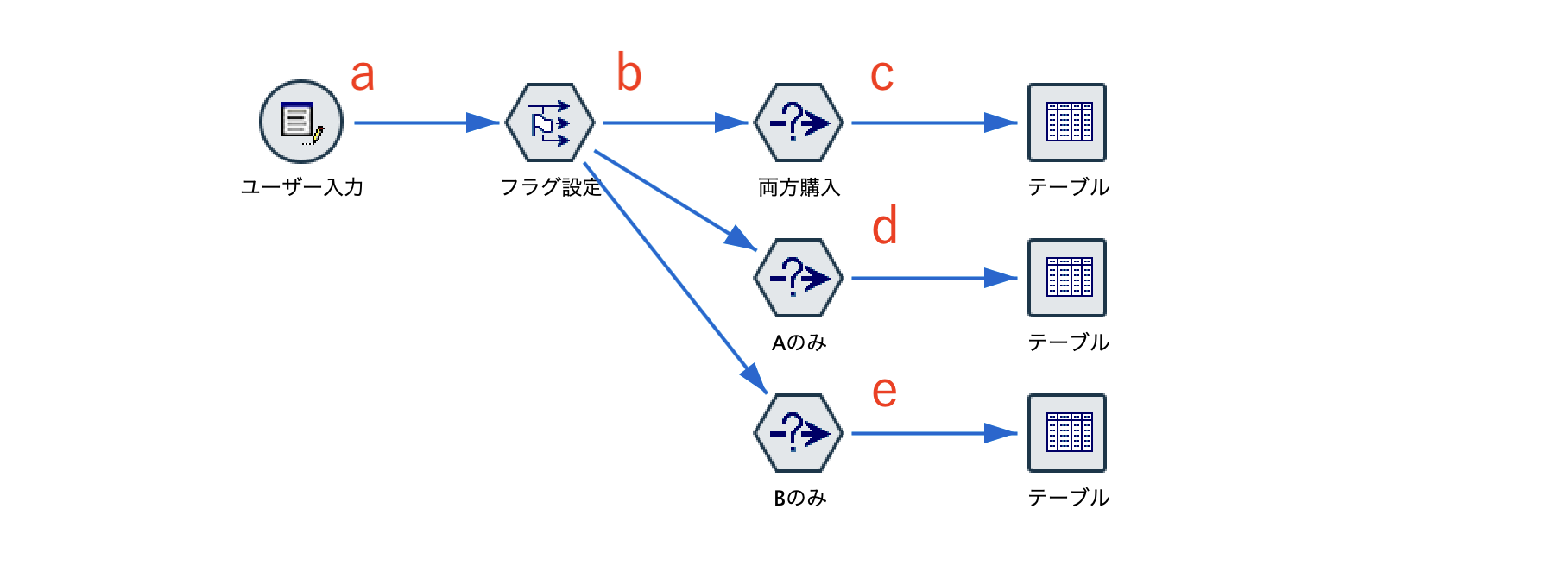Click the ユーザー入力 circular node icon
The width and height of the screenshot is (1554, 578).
pos(301,122)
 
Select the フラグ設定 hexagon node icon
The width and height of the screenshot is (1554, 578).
pos(550,123)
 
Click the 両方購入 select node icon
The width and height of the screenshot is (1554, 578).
pos(799,123)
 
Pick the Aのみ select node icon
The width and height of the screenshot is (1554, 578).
pos(799,278)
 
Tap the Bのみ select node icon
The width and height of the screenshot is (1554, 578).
pos(799,433)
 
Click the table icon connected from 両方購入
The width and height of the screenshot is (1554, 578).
pos(1067,123)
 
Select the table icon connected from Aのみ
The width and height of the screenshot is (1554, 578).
pos(1067,278)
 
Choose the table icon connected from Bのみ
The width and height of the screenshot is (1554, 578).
pos(1067,433)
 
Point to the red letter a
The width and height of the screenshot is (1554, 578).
pos(363,75)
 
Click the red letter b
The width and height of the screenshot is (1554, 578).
pos(629,72)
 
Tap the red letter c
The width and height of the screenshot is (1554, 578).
pos(881,75)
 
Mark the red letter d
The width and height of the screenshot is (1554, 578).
pos(885,227)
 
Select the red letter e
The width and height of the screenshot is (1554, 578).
pos(884,392)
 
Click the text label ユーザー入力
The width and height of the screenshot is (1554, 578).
pos(301,187)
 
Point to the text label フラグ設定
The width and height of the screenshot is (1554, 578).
pos(550,187)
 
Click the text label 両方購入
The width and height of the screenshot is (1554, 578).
pos(799,187)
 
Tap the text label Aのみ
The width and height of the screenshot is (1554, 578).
pos(799,342)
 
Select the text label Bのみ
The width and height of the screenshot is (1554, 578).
pos(799,498)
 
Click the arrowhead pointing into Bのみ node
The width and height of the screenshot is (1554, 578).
pos(755,379)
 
